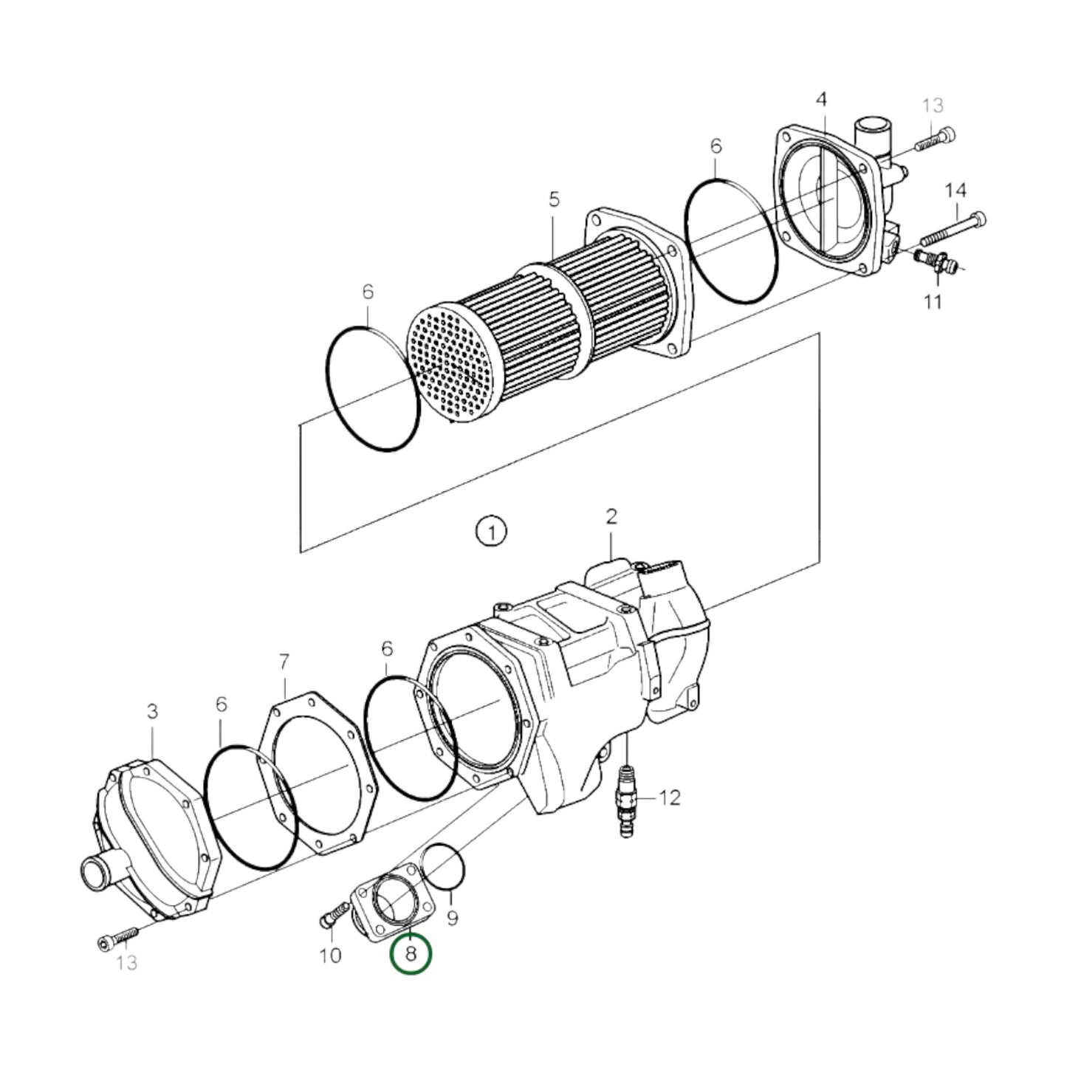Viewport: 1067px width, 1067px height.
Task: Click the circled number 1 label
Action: point(491,531)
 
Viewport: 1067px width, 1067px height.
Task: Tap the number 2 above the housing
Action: point(611,517)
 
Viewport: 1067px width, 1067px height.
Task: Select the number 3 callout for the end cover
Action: point(151,712)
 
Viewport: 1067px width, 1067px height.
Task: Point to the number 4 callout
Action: point(821,99)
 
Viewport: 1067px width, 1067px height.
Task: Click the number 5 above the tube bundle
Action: point(554,199)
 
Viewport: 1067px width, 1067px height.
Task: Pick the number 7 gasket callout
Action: point(284,662)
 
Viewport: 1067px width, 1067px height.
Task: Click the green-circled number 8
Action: point(411,953)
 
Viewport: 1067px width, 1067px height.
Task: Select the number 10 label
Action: point(330,956)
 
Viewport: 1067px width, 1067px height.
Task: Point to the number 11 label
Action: point(933,302)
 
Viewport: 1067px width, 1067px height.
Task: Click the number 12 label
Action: point(669,797)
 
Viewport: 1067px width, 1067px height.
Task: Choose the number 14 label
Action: point(956,191)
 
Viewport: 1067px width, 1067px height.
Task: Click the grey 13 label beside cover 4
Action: point(933,106)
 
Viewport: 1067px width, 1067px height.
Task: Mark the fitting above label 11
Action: point(935,262)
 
